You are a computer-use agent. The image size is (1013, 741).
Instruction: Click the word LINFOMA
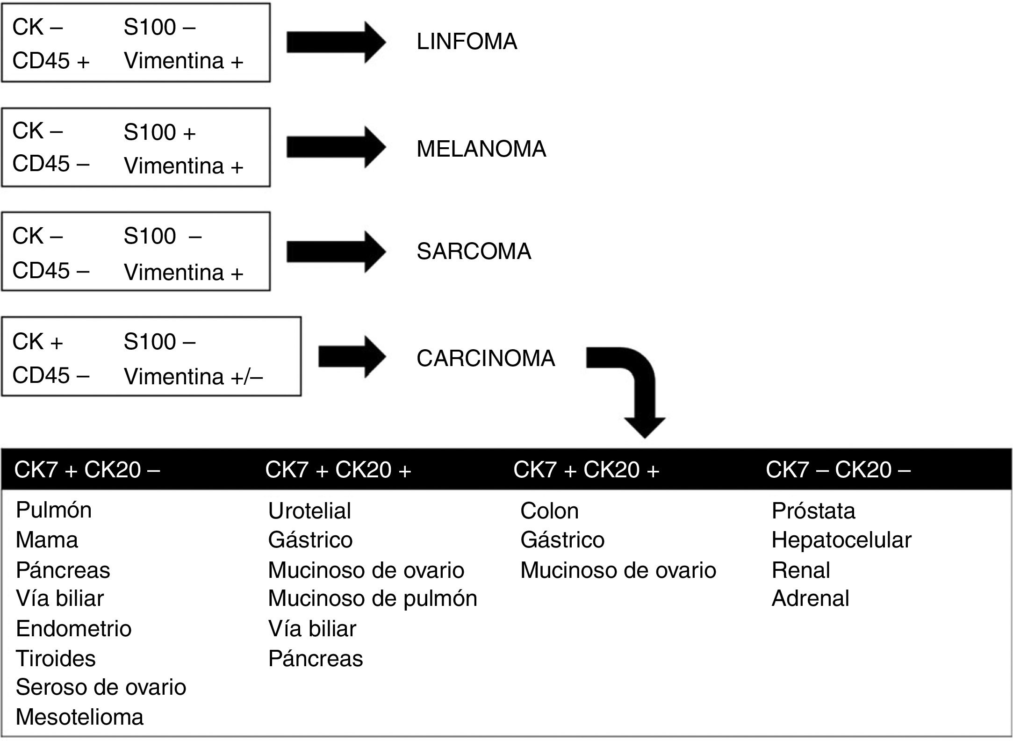[x=467, y=42]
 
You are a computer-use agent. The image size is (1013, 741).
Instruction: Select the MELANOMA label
[x=481, y=149]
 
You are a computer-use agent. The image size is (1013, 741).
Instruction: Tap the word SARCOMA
[x=474, y=252]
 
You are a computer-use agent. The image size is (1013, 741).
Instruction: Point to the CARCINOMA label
[x=485, y=359]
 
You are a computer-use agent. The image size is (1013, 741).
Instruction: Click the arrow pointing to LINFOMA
[x=336, y=43]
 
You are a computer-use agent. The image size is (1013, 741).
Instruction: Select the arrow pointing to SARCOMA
[x=336, y=252]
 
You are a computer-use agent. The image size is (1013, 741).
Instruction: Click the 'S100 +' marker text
[x=159, y=132]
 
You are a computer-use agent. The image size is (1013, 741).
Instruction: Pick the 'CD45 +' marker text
[x=50, y=61]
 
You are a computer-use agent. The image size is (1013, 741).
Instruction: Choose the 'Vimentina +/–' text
[x=193, y=377]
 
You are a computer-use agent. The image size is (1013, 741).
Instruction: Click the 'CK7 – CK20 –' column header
[x=838, y=469]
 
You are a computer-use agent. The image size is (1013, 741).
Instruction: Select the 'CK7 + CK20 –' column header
[x=87, y=469]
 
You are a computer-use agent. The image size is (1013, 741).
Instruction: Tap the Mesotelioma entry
[x=79, y=717]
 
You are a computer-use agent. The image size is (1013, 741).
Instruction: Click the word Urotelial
[x=309, y=511]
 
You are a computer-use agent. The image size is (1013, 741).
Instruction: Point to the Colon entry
[x=549, y=511]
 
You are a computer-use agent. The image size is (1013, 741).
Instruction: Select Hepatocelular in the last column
[x=841, y=540]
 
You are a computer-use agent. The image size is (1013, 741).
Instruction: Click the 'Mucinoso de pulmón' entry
[x=373, y=598]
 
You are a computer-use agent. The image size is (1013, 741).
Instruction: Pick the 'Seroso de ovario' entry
[x=101, y=687]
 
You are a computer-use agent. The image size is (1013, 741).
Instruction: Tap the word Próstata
[x=813, y=511]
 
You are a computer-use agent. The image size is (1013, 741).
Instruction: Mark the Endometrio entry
[x=74, y=628]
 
